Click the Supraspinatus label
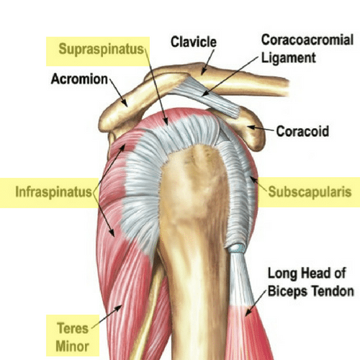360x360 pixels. point(101,49)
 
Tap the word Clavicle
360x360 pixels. point(194,42)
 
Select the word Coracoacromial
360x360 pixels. point(307,40)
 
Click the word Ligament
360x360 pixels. point(288,58)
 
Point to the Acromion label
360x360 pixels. point(79,79)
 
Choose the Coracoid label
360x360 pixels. point(302,131)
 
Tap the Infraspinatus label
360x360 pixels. point(53,192)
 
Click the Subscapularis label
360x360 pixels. point(310,192)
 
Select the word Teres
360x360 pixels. point(73,328)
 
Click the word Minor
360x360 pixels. point(73,346)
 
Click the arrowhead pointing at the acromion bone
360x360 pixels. point(124,102)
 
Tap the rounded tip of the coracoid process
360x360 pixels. point(261,142)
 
